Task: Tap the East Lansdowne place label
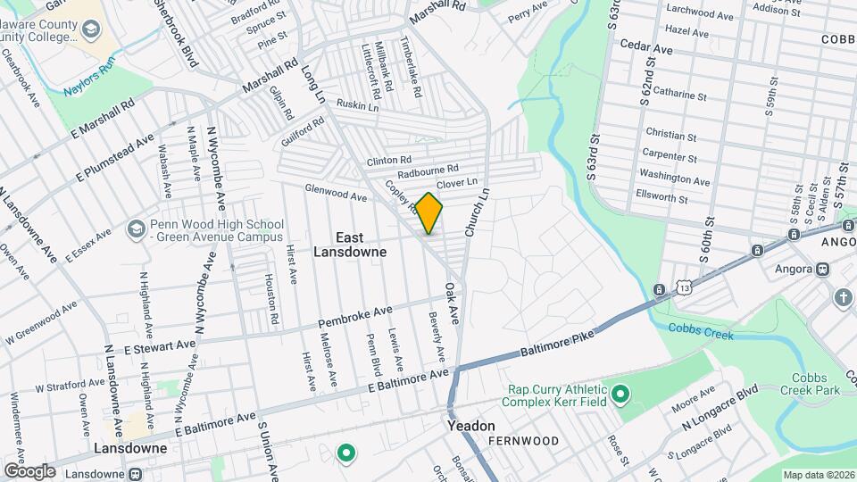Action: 349,245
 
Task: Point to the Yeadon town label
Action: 470,427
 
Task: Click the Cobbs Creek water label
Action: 701,330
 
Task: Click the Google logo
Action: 29,470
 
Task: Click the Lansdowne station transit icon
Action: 135,474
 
